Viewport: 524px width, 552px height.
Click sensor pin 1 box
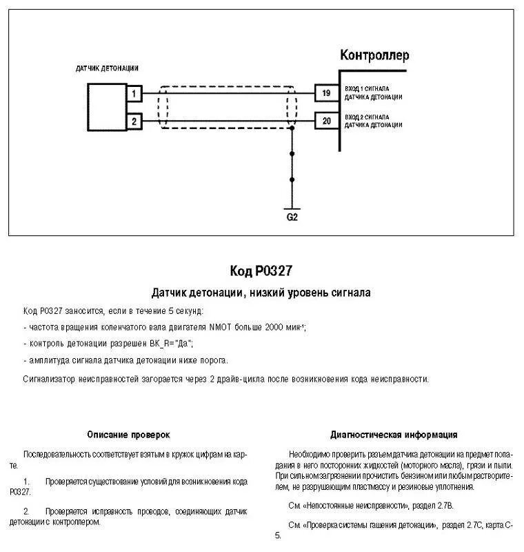click(135, 92)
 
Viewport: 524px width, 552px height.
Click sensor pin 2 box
click(135, 121)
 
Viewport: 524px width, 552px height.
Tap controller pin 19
click(325, 92)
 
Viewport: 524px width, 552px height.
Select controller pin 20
click(325, 121)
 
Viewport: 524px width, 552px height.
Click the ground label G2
click(292, 217)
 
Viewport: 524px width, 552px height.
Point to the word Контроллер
click(374, 55)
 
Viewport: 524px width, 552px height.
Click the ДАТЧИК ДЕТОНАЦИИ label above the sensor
click(107, 68)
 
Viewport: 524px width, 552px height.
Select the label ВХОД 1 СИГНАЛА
click(367, 89)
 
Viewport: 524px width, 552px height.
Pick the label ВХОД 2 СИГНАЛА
click(367, 118)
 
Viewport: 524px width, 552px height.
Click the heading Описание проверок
click(128, 435)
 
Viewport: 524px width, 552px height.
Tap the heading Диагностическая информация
click(394, 435)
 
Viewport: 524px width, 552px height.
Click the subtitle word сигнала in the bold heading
click(352, 293)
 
